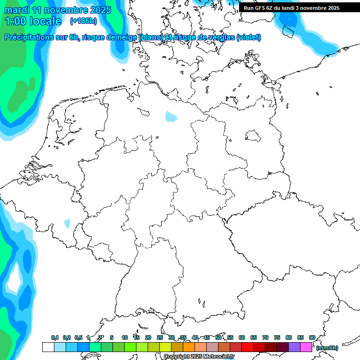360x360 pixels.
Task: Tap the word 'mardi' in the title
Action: coord(19,10)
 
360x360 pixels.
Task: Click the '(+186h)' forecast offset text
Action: coord(83,21)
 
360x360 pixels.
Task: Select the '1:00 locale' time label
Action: coord(33,21)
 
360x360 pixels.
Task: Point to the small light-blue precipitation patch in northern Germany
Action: coord(172,116)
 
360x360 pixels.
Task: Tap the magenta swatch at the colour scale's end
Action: coord(306,347)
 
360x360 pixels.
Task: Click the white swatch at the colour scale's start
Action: coord(48,347)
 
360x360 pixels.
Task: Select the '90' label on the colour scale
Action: coord(312,337)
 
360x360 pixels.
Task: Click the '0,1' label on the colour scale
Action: coord(55,337)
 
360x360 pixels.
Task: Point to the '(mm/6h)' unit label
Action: coord(327,348)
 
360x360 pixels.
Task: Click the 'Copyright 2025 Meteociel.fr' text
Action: coord(199,357)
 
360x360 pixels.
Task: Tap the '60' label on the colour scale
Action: coord(242,337)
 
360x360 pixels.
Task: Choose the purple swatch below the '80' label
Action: coord(294,347)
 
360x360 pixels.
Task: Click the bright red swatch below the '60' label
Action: coord(247,347)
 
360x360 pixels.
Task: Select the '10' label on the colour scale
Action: coord(125,337)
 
